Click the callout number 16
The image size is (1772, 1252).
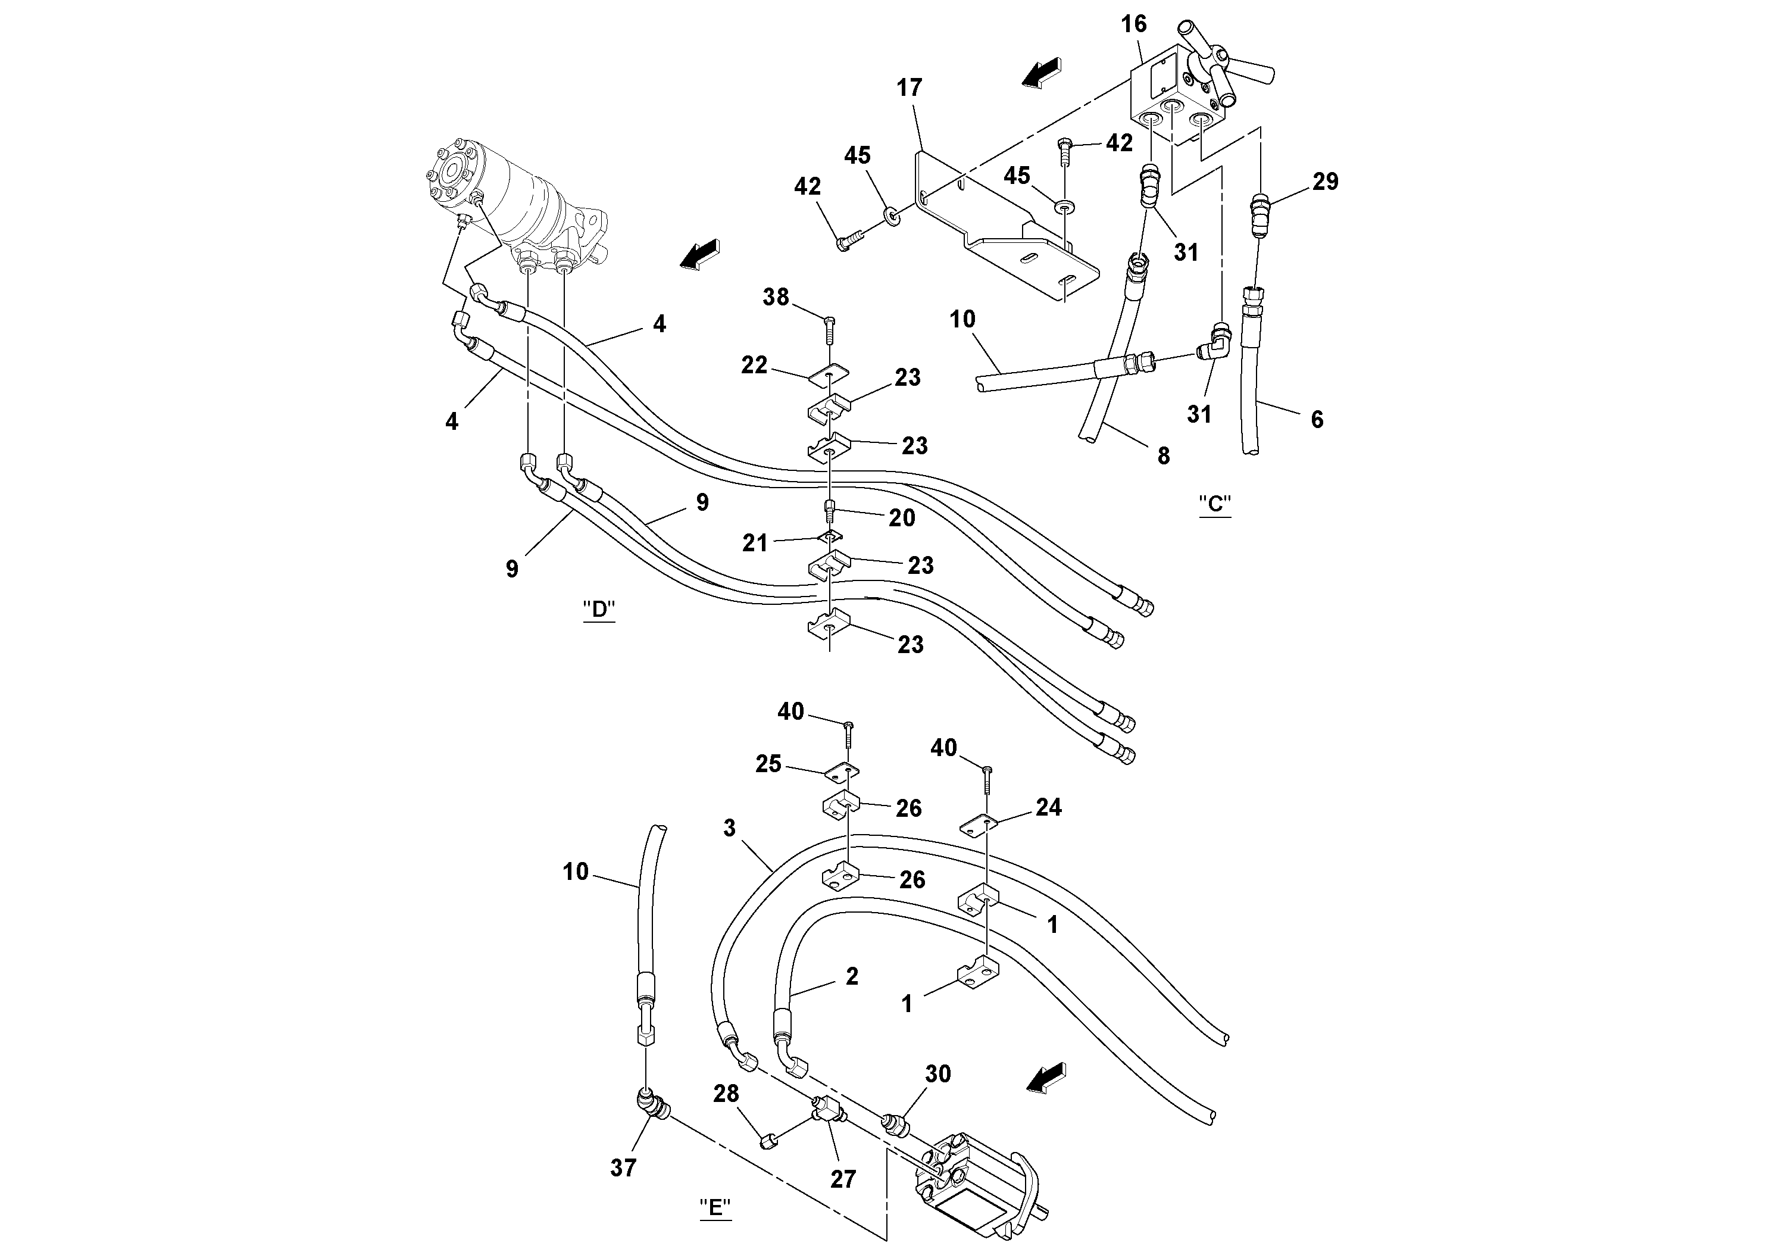point(1134,24)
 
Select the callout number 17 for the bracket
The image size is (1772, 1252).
point(909,88)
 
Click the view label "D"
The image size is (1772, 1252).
point(599,610)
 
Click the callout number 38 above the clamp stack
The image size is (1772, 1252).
point(776,297)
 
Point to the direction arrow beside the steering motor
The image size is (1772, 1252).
point(699,255)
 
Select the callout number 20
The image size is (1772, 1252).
point(901,518)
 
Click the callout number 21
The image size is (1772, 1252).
point(755,544)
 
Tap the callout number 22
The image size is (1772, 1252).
point(754,365)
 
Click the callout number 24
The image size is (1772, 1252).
point(1048,807)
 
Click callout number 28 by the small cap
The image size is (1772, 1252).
point(726,1094)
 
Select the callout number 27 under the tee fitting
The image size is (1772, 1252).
point(843,1179)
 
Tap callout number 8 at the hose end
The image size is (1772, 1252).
point(1163,456)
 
